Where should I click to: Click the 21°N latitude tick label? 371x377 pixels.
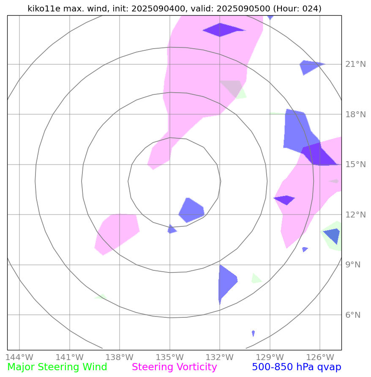[x=355, y=64]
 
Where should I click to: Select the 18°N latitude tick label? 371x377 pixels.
[x=355, y=114]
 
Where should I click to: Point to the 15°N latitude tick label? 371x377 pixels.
[x=355, y=165]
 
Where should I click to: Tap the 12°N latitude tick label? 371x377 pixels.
[x=355, y=215]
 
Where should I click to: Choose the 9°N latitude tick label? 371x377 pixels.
[x=353, y=265]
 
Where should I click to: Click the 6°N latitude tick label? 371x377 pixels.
[x=353, y=315]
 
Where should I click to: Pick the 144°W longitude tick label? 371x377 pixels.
[x=19, y=356]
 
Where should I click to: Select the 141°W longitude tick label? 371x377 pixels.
[x=69, y=356]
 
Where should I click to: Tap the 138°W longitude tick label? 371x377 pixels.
[x=120, y=356]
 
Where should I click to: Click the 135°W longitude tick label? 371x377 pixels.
[x=169, y=356]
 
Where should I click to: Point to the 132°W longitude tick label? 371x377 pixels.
[x=220, y=356]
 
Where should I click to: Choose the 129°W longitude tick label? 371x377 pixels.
[x=270, y=356]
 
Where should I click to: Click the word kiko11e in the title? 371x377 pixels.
[x=44, y=8]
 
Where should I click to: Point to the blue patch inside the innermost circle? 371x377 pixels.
[x=191, y=210]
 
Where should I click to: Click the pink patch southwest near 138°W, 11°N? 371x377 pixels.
[x=116, y=233]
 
